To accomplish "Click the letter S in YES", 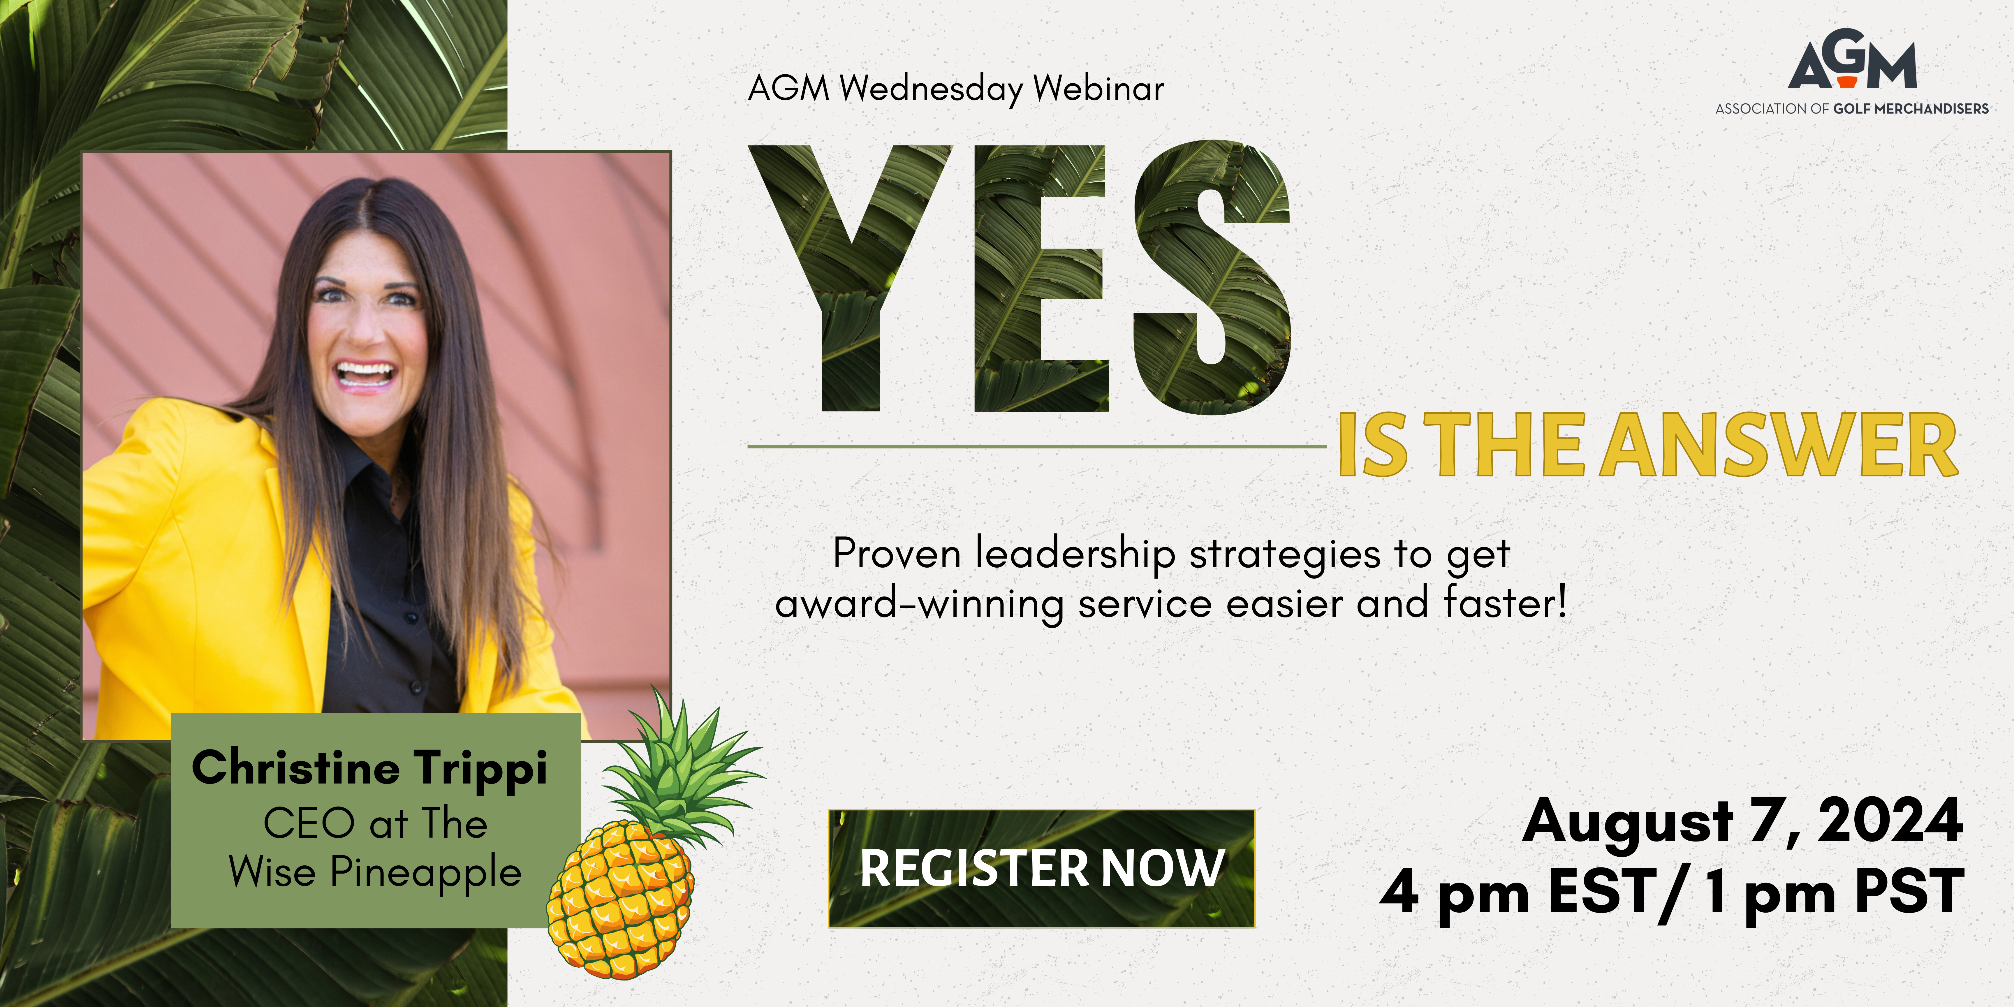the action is (1212, 278).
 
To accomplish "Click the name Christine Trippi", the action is (369, 768).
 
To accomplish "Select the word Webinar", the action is (1098, 88).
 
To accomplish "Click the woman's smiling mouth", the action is (364, 374).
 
